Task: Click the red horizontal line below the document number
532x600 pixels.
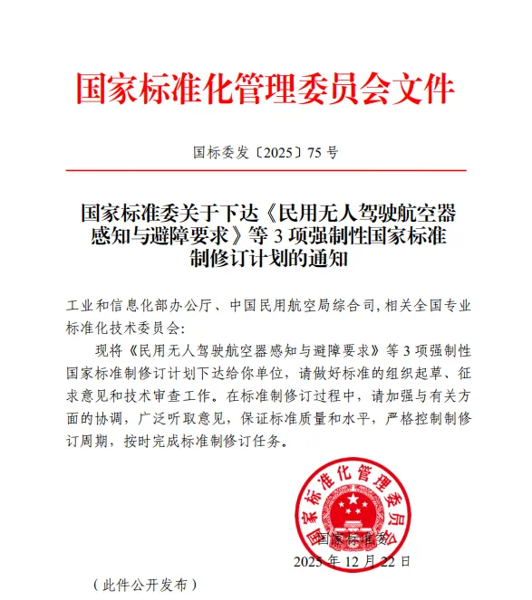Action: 266,170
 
